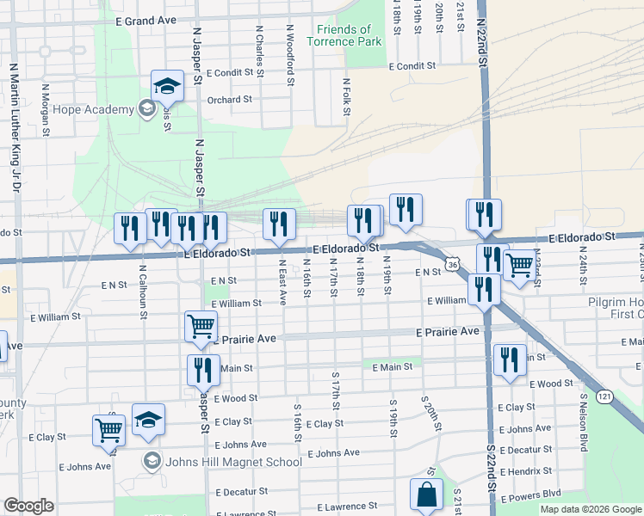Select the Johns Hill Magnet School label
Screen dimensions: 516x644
[x=223, y=462]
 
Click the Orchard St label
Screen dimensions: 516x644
[x=229, y=100]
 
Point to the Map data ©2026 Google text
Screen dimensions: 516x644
[x=590, y=509]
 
